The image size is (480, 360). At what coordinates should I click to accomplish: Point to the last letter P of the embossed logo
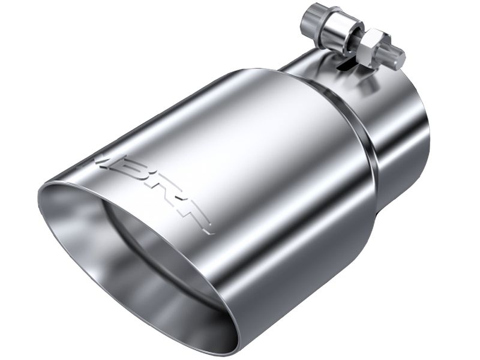201,218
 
